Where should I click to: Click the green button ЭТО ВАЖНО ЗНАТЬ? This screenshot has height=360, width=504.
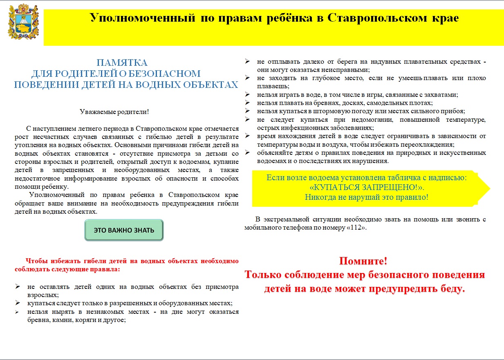(x=124, y=230)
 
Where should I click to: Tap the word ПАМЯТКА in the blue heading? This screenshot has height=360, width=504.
(x=122, y=63)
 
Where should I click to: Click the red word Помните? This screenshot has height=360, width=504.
(x=363, y=261)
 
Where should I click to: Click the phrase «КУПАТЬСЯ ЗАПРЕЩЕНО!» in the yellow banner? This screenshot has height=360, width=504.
(x=366, y=188)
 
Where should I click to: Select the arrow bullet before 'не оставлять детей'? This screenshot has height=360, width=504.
(x=18, y=286)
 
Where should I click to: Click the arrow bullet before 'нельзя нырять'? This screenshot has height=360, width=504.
(x=18, y=312)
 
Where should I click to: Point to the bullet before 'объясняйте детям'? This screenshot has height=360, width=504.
(x=247, y=152)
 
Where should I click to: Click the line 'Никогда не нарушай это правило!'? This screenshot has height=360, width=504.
(x=366, y=197)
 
